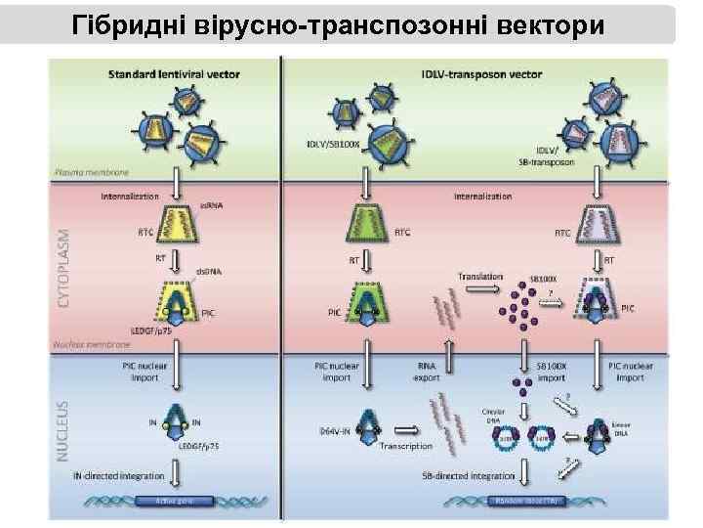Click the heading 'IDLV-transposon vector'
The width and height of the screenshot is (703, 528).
(x=477, y=73)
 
